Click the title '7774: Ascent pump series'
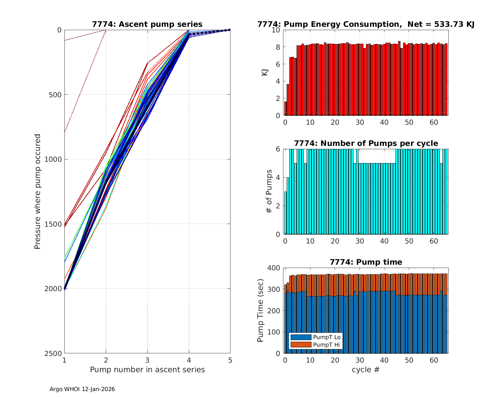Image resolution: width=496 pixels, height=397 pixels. point(147,24)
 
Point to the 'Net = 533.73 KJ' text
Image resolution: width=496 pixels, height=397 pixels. point(441,24)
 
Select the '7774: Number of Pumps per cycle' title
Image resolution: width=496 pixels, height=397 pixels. point(366,143)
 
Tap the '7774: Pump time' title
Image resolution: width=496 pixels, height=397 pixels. point(366,262)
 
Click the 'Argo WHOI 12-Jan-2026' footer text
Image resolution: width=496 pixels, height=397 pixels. point(82,389)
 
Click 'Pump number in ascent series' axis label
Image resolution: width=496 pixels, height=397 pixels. point(147,370)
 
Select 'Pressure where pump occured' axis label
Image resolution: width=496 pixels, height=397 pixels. point(38,192)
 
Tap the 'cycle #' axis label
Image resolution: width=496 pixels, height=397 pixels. point(366,370)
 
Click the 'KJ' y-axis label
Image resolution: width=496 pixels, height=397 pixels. point(265,72)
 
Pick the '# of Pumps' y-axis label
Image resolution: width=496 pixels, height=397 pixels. point(269,192)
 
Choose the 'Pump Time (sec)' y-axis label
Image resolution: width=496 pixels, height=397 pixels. point(261,311)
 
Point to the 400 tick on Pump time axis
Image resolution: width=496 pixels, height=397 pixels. point(275,268)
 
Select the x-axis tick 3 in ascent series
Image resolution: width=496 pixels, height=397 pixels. point(147,360)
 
